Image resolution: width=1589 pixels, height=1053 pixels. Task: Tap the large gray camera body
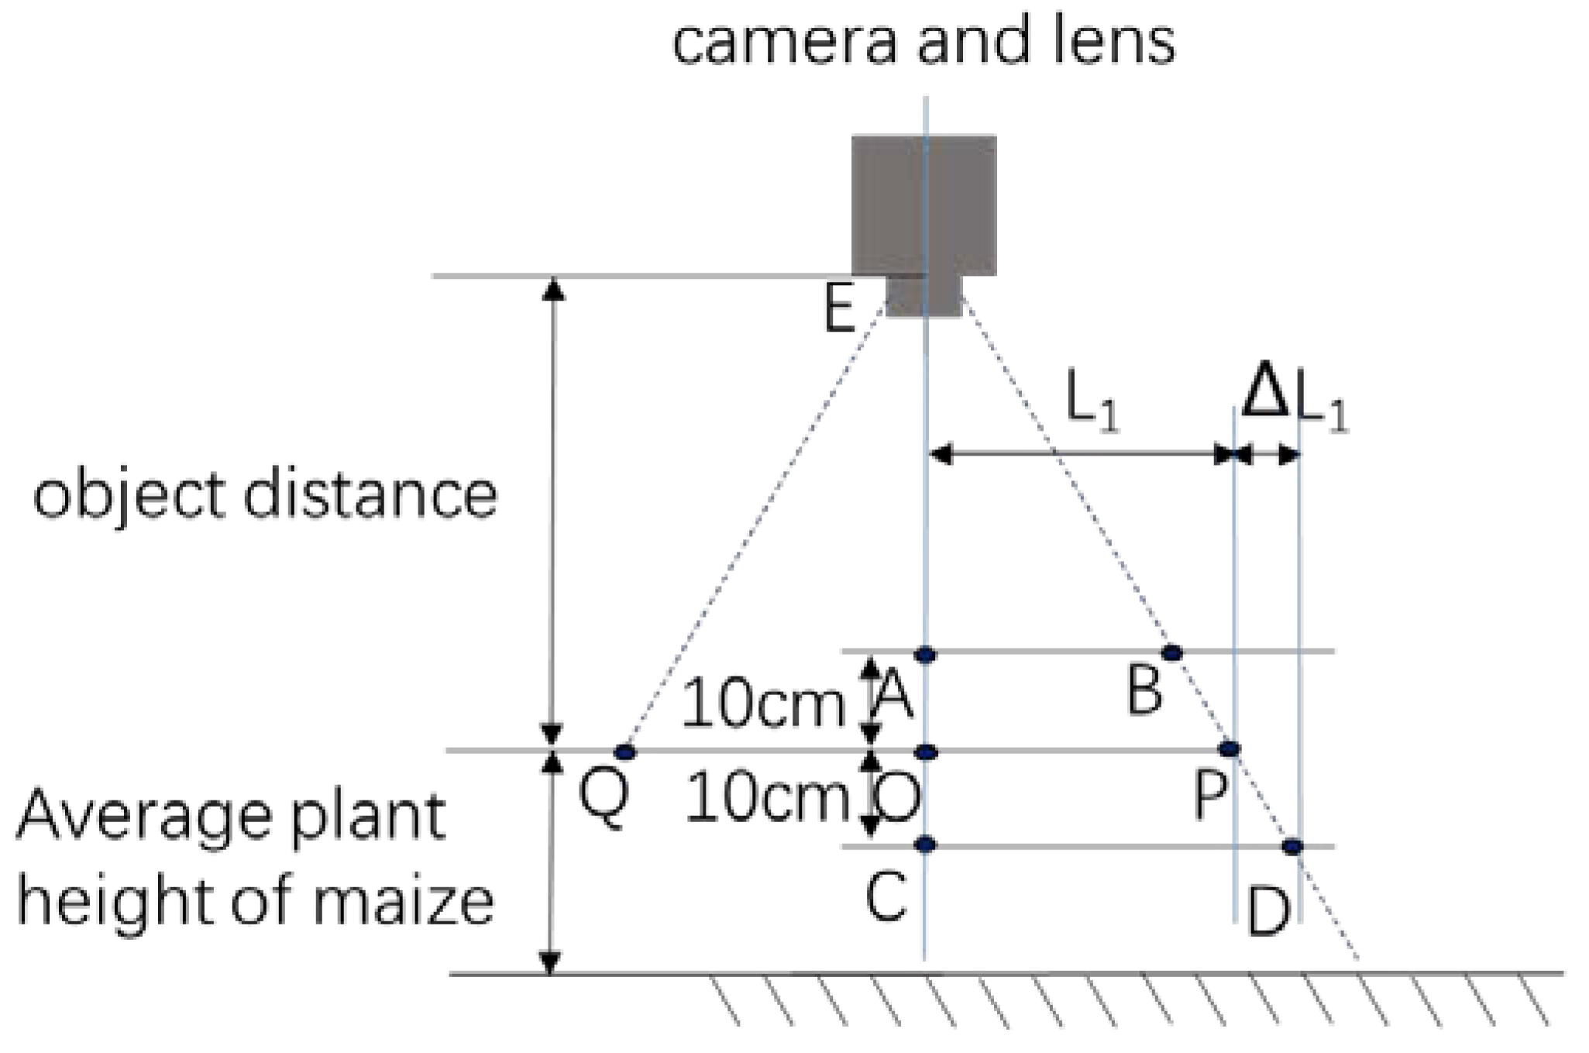click(923, 205)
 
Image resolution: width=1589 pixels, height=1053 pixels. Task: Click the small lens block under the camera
click(923, 296)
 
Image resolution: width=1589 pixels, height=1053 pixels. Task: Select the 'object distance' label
click(265, 496)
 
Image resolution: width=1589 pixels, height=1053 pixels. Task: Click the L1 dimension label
click(1092, 401)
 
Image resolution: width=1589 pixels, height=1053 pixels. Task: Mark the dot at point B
click(1172, 652)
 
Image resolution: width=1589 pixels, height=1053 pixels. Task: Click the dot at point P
click(1230, 748)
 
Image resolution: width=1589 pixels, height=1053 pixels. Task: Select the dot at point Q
click(625, 752)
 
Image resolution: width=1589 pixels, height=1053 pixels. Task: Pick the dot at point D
click(1291, 846)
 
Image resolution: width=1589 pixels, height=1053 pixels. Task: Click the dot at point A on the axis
click(925, 655)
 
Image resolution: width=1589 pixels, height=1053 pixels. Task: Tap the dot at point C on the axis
click(925, 845)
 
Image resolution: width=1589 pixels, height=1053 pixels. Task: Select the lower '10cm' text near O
click(766, 798)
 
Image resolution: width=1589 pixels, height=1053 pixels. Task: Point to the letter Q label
click(604, 800)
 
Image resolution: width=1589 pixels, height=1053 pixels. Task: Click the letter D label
click(1268, 913)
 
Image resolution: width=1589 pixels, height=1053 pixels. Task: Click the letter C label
click(886, 896)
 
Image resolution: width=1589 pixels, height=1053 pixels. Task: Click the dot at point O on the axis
click(927, 752)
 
